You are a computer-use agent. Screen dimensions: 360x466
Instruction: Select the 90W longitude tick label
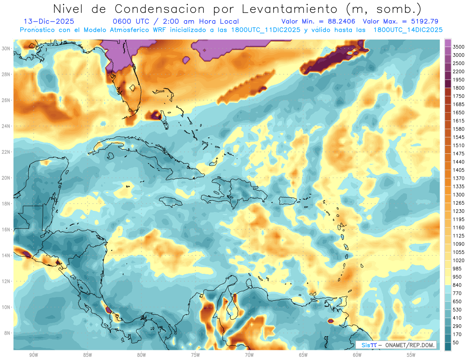[33, 355]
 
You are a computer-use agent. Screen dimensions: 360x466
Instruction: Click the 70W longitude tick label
[249, 355]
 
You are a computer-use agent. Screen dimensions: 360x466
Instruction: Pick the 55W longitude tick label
[411, 355]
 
